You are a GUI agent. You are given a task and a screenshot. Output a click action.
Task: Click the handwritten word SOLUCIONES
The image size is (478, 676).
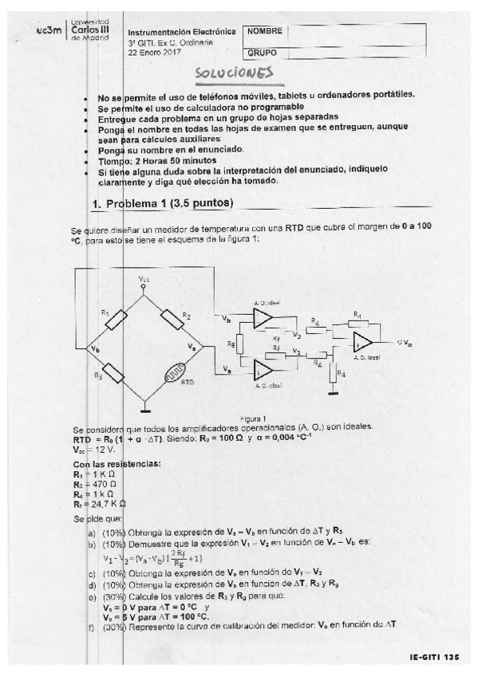[x=235, y=73]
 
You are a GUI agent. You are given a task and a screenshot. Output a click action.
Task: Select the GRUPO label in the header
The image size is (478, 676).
[x=261, y=53]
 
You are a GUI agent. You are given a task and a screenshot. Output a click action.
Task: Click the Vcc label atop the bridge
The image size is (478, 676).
[x=143, y=279]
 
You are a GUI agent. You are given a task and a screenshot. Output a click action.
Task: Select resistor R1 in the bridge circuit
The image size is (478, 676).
[x=117, y=320]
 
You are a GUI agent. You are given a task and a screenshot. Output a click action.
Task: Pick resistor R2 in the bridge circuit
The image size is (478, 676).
[x=174, y=320]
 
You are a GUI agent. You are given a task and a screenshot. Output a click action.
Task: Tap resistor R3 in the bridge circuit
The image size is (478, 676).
[x=117, y=373]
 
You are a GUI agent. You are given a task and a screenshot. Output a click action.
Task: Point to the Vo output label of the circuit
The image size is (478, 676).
[x=405, y=342]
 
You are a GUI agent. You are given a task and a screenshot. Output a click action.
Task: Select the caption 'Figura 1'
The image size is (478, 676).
[x=252, y=418]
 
